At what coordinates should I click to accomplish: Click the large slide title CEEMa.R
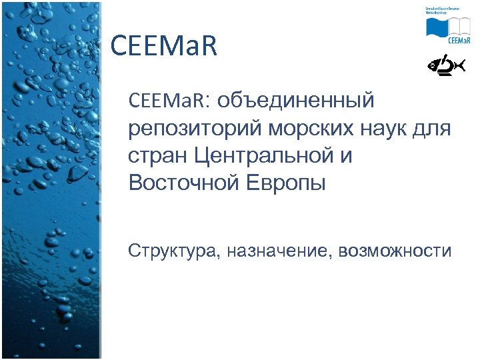point(164,47)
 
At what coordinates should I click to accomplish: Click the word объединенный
point(297,101)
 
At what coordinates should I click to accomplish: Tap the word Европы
point(283,183)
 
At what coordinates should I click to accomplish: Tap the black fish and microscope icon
point(445,65)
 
